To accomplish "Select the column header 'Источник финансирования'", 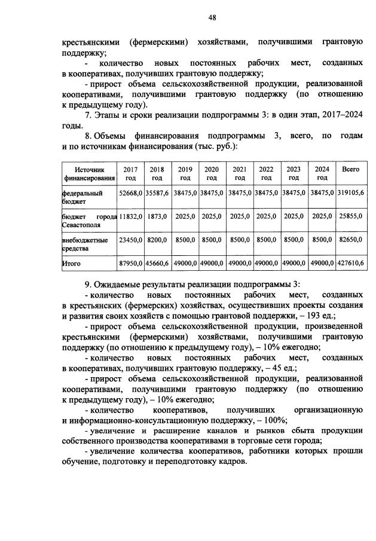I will pyautogui.click(x=90, y=174).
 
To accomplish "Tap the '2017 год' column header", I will pyautogui.click(x=130, y=174).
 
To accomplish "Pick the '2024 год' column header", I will pyautogui.click(x=322, y=174).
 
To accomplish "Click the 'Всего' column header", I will pyautogui.click(x=350, y=170).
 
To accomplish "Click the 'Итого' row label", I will pyautogui.click(x=71, y=262).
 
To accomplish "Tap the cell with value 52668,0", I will pyautogui.click(x=130, y=194).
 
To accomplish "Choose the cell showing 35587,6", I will pyautogui.click(x=157, y=194).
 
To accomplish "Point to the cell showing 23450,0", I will pyautogui.click(x=130, y=240).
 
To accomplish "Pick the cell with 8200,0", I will pyautogui.click(x=157, y=240).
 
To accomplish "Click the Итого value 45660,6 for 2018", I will pyautogui.click(x=157, y=262).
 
